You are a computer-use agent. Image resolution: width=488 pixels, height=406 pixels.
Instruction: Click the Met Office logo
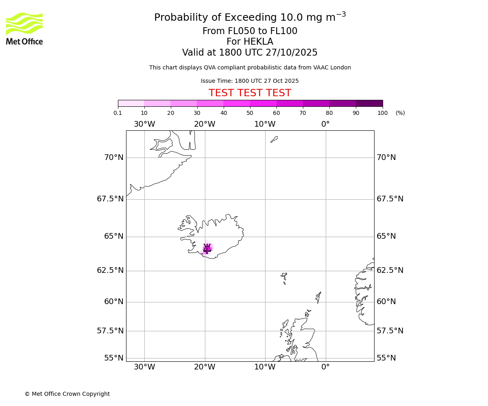coord(24,28)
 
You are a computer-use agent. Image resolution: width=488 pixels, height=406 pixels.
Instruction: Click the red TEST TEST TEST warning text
coord(250,93)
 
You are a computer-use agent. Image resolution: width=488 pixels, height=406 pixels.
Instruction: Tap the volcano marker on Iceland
coord(207,248)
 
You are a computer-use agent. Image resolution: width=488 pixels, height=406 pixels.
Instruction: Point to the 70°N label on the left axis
coord(113,158)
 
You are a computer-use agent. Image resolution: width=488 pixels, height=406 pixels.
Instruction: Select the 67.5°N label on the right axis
coord(390,199)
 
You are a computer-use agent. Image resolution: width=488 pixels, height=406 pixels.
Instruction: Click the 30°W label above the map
coord(144,124)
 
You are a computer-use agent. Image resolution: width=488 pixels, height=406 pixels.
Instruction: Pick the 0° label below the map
coord(325,367)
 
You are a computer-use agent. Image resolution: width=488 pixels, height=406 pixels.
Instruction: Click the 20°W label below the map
coord(205,367)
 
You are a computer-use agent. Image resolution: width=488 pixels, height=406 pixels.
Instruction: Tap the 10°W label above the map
coord(265,124)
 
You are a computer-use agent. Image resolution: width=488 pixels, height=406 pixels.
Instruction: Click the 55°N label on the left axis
coord(113,358)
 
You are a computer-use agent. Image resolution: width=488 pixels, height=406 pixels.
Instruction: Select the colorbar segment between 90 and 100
coord(369,103)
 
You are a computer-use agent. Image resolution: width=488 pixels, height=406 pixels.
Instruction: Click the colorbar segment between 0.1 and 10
coord(131,103)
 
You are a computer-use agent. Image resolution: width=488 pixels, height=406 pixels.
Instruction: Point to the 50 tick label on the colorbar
coord(250,113)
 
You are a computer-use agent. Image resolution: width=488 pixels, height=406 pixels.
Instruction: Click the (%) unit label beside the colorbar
coord(400,113)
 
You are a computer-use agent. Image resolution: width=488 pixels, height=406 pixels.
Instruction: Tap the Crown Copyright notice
coord(67,394)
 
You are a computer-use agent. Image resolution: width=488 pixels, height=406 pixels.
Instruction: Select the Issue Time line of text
coord(250,81)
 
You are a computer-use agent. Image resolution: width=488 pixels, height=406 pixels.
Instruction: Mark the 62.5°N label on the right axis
coord(390,270)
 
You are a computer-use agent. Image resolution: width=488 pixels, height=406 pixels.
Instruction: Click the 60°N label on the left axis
coord(113,302)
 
